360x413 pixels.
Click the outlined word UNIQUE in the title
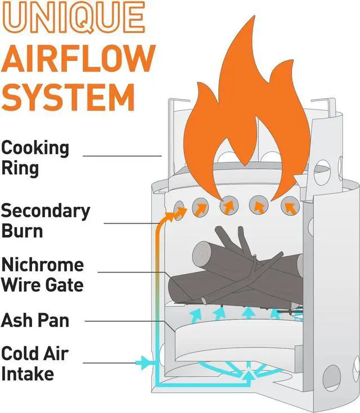73,17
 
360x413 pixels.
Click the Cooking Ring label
35,158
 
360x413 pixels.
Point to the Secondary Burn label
45,220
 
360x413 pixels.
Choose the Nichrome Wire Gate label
42,274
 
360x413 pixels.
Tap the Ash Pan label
35,320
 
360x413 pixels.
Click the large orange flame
247,112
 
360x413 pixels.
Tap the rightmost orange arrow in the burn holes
290,207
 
